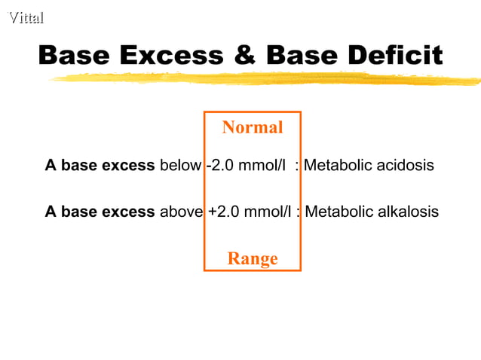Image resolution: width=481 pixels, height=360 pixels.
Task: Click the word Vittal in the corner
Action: point(26,17)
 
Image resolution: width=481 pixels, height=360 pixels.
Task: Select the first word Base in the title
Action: point(75,55)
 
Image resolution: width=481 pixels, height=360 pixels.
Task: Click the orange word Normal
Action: point(253,127)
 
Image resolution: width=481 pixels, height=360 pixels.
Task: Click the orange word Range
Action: point(253,259)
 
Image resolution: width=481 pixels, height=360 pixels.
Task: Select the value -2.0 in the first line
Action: point(219,165)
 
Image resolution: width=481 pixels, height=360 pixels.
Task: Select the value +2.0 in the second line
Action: point(223,212)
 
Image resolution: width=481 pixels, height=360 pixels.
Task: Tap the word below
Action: point(180,165)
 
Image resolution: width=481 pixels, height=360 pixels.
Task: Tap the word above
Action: point(181,212)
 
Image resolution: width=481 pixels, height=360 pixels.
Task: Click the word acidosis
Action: point(403,165)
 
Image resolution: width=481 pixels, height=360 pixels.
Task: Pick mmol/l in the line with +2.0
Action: point(268,212)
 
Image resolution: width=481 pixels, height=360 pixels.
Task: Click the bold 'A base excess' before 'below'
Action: point(100,165)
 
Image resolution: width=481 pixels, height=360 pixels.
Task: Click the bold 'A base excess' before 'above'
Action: point(100,212)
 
